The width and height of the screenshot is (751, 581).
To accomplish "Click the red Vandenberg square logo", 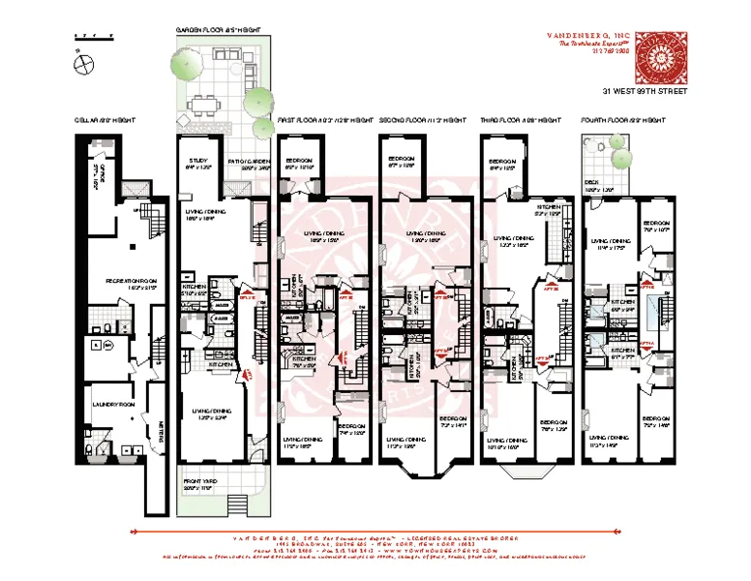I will point(661,60).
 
